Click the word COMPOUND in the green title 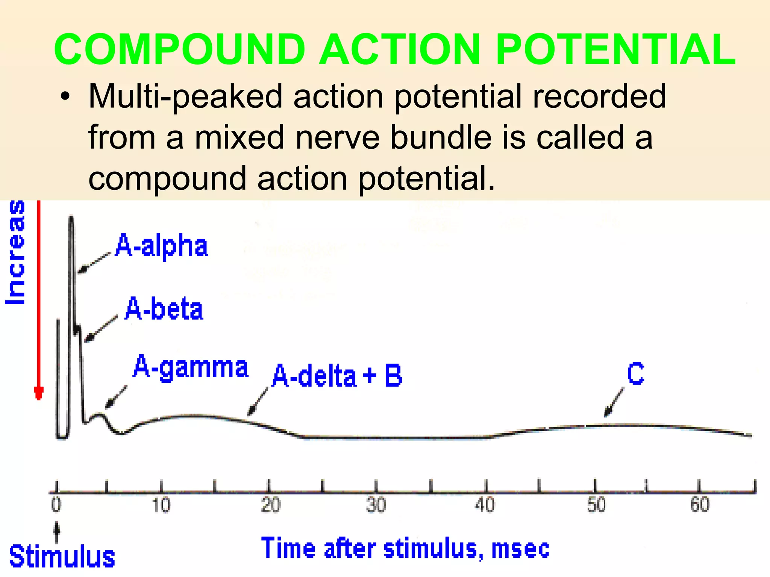[179, 50]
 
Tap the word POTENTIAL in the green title [615, 50]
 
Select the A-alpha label [162, 246]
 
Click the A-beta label [164, 309]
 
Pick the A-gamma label [191, 367]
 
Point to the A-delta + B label [337, 376]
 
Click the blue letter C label [635, 373]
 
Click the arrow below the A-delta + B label [258, 401]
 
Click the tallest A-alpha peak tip [71, 217]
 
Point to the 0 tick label [56, 504]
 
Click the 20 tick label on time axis [270, 504]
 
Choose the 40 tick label [485, 504]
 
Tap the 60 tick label [700, 504]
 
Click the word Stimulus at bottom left [62, 557]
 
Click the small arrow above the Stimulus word [57, 532]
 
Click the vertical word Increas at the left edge [16, 252]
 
